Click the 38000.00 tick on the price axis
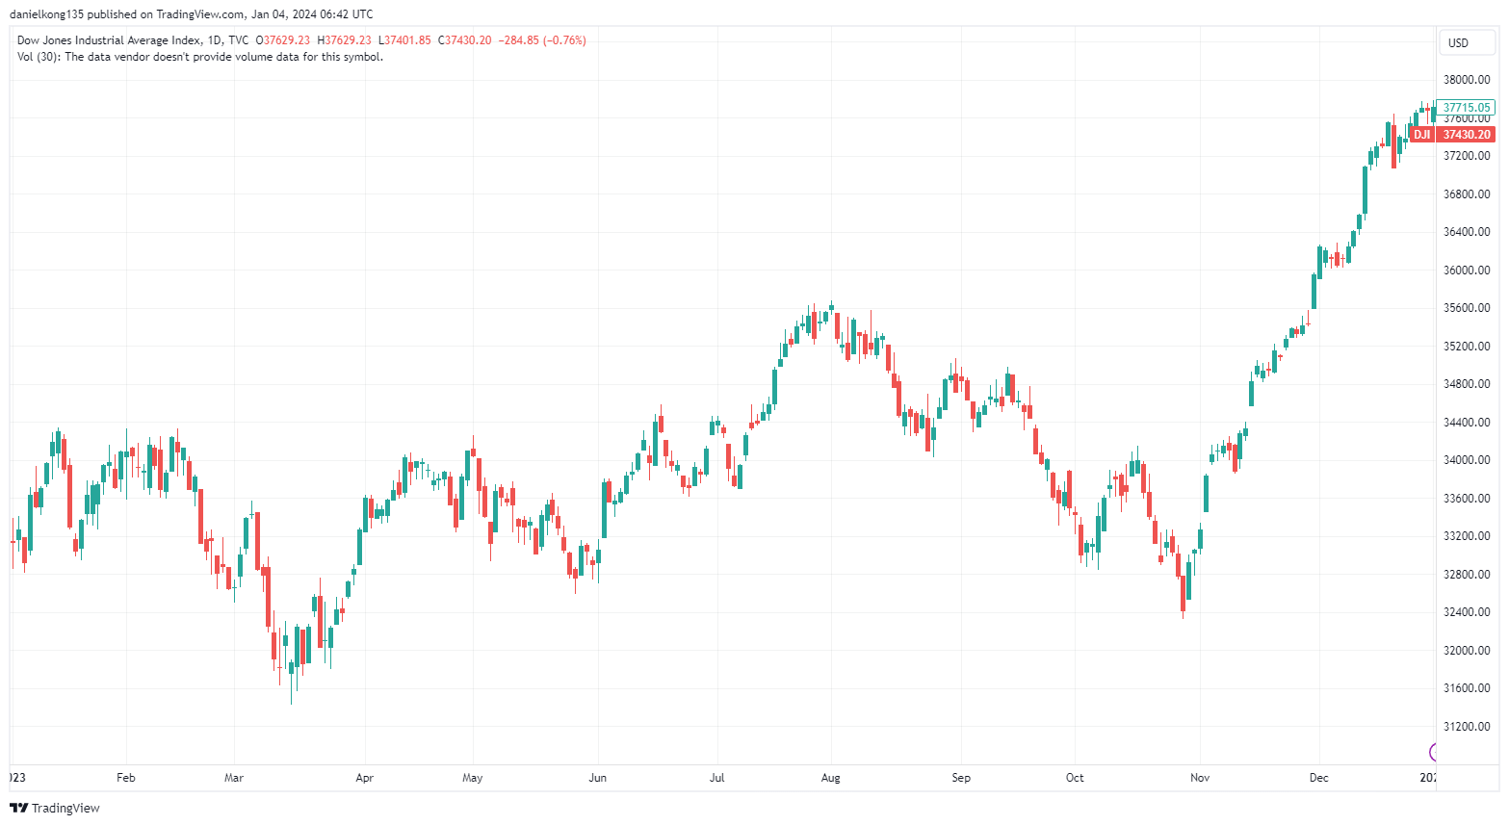tap(1466, 80)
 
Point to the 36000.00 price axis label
tap(1466, 271)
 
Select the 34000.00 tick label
tap(1466, 460)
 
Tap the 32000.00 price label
tap(1466, 651)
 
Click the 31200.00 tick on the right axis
tap(1466, 727)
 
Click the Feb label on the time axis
tap(126, 778)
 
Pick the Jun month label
tap(598, 778)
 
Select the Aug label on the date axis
tap(831, 778)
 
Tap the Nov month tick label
tap(1200, 778)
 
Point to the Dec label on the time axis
tap(1319, 778)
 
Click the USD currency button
tap(1459, 42)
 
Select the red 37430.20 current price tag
tap(1467, 135)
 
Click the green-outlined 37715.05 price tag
tap(1467, 108)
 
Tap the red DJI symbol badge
tap(1422, 135)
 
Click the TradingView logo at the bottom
tap(55, 808)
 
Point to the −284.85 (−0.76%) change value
tap(542, 40)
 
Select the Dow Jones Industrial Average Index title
tap(109, 40)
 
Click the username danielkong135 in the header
tap(46, 14)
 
